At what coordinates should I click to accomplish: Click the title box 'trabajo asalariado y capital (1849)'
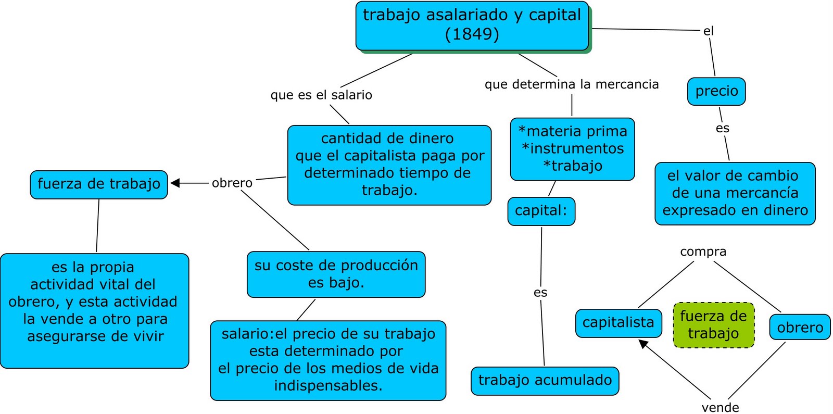point(472,26)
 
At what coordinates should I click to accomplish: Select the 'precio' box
point(716,91)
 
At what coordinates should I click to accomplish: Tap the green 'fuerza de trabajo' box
point(713,325)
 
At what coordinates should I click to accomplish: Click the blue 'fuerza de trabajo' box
point(99,184)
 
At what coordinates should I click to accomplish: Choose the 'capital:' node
point(541,211)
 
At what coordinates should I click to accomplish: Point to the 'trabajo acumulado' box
point(545,381)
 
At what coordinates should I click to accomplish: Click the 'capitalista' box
point(618,323)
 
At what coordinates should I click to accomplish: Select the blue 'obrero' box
point(800,327)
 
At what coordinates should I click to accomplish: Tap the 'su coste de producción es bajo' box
point(336,274)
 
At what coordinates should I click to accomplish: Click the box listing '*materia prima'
point(572,149)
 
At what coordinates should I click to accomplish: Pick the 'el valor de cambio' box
point(735,193)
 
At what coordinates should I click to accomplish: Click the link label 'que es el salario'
point(321,95)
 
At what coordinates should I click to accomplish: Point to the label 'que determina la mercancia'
point(572,84)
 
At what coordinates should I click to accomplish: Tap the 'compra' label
point(703,252)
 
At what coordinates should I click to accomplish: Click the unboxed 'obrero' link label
point(232,183)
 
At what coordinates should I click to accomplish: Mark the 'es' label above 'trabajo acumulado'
point(540,293)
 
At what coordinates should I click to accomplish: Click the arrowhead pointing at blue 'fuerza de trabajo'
point(175,183)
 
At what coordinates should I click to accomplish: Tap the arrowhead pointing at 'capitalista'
point(643,344)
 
